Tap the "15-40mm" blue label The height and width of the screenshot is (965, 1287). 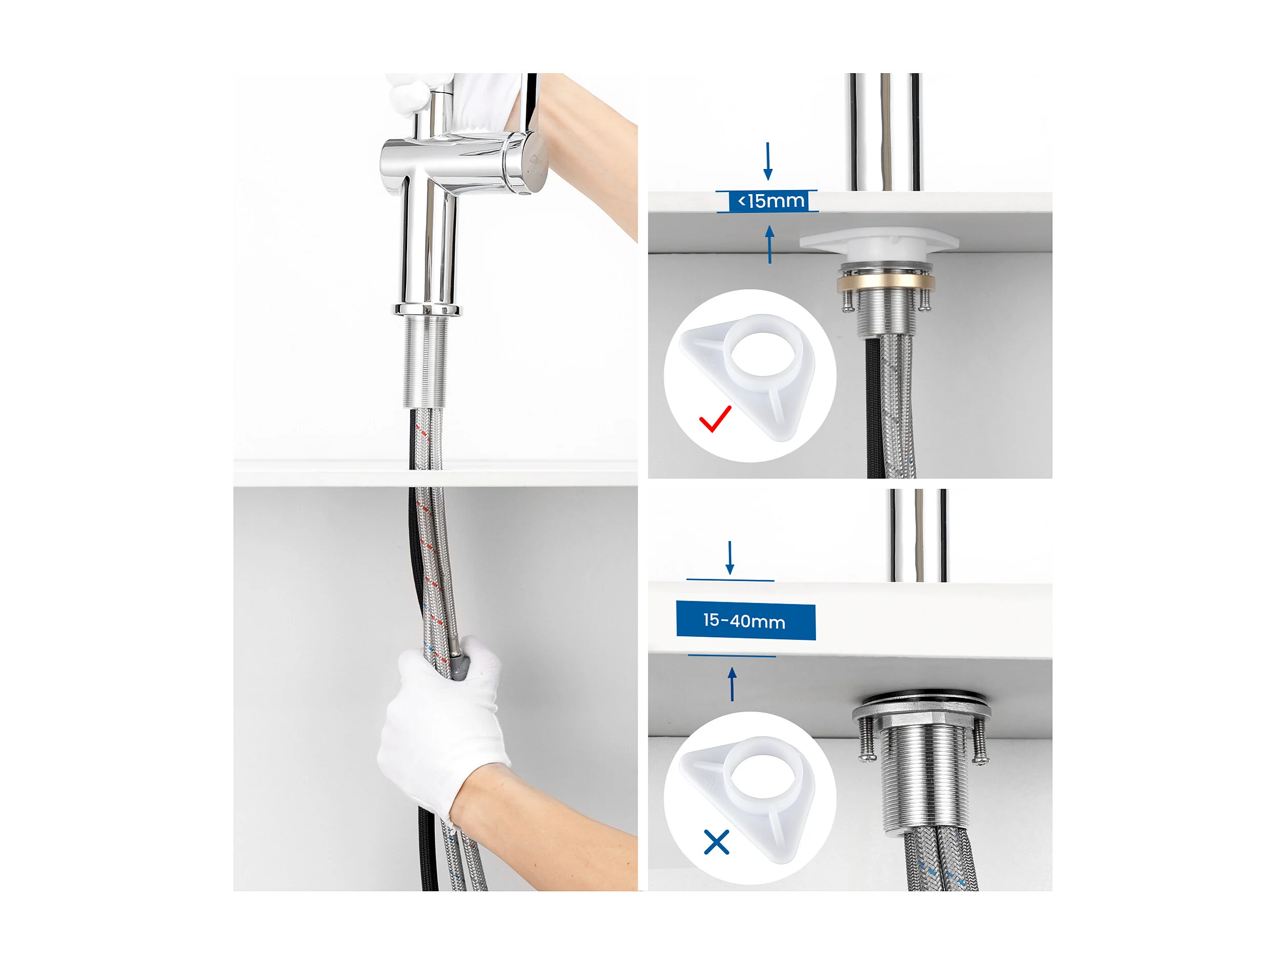tap(745, 621)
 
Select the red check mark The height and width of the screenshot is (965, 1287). tap(715, 419)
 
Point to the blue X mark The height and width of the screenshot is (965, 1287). tap(716, 842)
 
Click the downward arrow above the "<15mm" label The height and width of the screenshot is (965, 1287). tap(768, 161)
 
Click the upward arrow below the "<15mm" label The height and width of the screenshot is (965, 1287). tap(770, 244)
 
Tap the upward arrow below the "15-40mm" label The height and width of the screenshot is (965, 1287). tap(732, 684)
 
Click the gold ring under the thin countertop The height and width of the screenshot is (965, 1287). tap(886, 283)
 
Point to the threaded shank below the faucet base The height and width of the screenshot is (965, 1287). tap(426, 362)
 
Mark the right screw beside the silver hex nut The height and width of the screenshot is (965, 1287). tap(980, 740)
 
